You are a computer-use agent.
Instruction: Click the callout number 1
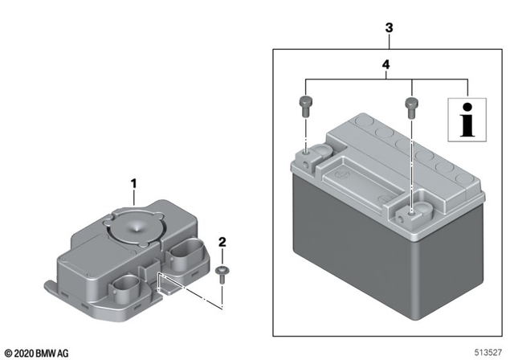pyautogui.click(x=134, y=184)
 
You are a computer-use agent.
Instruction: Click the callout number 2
pyautogui.click(x=222, y=241)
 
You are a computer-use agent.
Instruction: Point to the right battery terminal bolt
pyautogui.click(x=410, y=104)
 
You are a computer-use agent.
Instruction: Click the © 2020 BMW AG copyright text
pyautogui.click(x=38, y=351)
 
